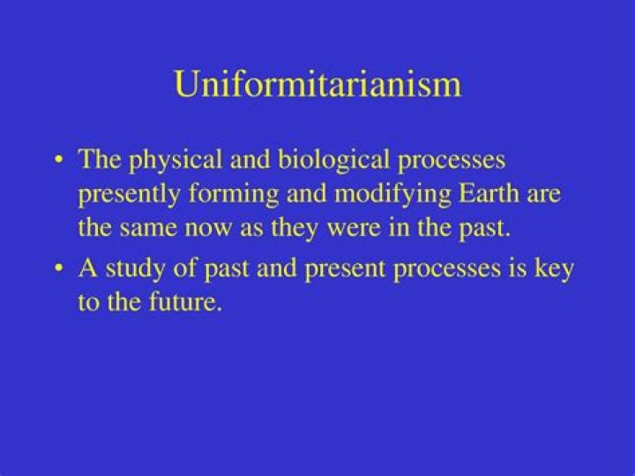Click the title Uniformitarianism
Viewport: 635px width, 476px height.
pos(317,85)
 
